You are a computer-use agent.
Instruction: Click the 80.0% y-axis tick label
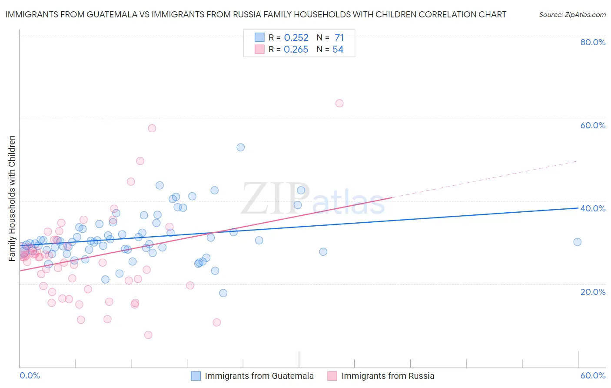(x=593, y=42)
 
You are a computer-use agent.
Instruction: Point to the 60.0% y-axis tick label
(x=593, y=125)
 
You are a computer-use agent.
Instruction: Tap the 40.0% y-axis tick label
(x=593, y=208)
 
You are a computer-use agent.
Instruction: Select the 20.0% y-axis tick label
(x=593, y=292)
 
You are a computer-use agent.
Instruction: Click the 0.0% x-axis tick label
(x=30, y=375)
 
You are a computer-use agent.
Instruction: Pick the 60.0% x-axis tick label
(x=593, y=375)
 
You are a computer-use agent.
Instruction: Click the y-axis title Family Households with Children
(x=12, y=198)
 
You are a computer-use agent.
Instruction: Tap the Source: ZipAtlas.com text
(x=572, y=14)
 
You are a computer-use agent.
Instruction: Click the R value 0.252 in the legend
(x=296, y=37)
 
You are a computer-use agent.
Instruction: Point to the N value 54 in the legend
(x=338, y=50)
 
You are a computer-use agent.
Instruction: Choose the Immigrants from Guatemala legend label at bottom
(x=259, y=376)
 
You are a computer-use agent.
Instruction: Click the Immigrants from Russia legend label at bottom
(x=388, y=376)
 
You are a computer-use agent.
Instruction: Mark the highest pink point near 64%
(x=339, y=103)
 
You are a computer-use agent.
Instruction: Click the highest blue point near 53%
(x=240, y=147)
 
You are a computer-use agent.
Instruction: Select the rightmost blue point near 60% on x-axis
(x=577, y=242)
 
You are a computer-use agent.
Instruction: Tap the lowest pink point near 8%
(x=148, y=335)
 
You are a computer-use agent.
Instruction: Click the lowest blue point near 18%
(x=223, y=293)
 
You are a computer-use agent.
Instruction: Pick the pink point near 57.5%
(x=152, y=128)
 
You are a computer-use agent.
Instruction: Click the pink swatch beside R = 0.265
(x=259, y=50)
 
